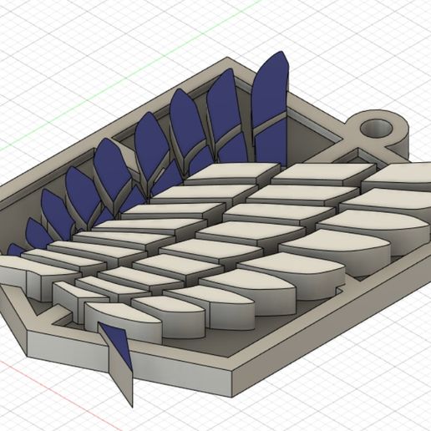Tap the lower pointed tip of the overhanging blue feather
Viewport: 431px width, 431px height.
coord(131,373)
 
